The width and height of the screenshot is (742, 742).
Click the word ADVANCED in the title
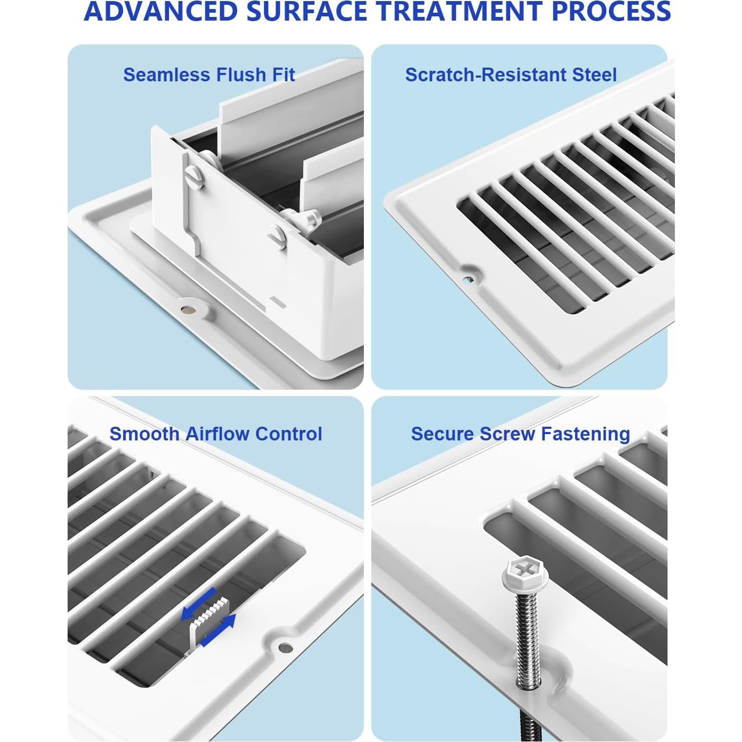coord(160,12)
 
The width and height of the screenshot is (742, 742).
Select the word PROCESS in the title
coord(612,12)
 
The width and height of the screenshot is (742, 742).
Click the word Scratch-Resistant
coord(485,74)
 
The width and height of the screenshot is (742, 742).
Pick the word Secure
coord(443,434)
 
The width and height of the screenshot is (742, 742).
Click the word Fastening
coord(586,434)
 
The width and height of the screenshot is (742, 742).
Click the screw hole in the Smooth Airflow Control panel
coord(285,647)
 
